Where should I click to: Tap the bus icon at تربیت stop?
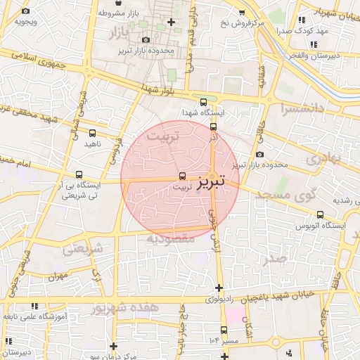pos(183,176)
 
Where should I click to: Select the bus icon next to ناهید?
pos(93,132)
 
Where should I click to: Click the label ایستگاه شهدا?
pos(202,112)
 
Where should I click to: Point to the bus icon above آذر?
pos(213,126)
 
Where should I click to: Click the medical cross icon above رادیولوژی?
pos(219,287)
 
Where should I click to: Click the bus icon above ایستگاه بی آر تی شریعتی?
pos(79,174)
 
